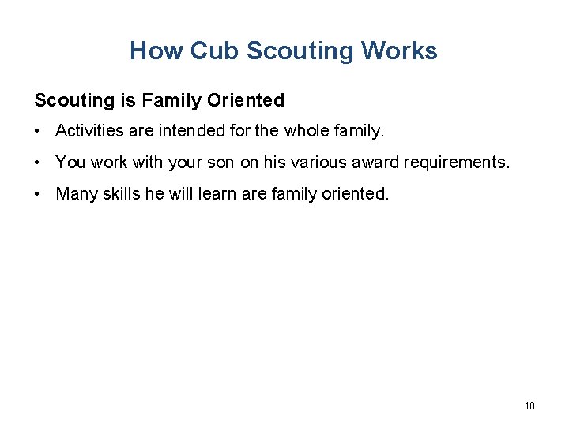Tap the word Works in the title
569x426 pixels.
399,51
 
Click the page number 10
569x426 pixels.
529,406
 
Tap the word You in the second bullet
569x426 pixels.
70,163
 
